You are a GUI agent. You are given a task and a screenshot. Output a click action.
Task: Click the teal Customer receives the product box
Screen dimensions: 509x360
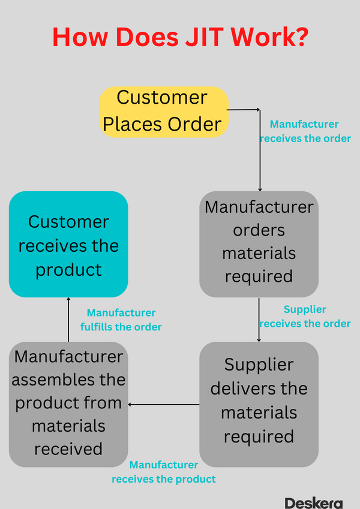click(x=68, y=245)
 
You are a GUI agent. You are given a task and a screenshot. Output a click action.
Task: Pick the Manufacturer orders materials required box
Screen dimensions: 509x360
click(x=259, y=243)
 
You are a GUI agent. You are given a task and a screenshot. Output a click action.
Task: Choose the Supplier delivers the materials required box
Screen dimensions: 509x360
click(x=259, y=400)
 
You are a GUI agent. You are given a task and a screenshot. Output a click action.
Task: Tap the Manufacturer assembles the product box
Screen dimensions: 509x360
click(x=68, y=403)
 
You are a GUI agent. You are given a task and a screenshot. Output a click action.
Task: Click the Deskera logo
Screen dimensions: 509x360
click(x=313, y=502)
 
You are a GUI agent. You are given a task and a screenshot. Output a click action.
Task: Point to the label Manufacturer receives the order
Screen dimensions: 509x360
click(x=304, y=131)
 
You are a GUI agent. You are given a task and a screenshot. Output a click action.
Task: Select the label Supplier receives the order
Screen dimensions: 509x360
click(x=305, y=317)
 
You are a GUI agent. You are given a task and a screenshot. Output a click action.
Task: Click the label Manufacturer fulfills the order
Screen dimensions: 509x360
click(x=121, y=320)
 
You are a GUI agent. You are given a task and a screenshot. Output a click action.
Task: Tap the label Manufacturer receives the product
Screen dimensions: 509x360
click(x=164, y=472)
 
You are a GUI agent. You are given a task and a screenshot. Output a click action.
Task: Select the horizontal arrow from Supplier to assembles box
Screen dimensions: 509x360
click(x=163, y=405)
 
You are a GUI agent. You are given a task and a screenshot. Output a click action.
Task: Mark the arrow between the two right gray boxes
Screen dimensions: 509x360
click(x=259, y=319)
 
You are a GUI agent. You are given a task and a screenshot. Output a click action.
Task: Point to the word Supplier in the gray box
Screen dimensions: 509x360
click(x=259, y=365)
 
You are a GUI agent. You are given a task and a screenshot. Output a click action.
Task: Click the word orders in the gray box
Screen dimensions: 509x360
click(x=259, y=230)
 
